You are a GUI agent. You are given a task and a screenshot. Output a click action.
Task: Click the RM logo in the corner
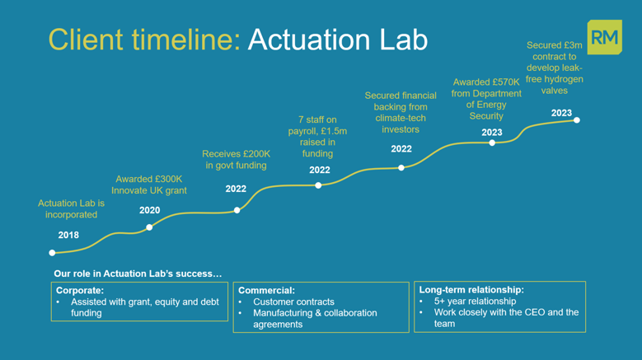point(605,39)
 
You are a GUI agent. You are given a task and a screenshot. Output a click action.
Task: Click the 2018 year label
point(68,236)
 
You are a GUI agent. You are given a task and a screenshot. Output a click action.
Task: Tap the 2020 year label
point(149,211)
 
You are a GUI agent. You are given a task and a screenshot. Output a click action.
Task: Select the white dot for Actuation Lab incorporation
point(53,253)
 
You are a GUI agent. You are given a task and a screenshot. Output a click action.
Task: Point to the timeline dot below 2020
point(149,227)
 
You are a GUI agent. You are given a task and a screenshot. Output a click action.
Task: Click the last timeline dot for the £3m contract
point(577,120)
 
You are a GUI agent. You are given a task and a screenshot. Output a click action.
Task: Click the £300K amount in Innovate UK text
point(168,179)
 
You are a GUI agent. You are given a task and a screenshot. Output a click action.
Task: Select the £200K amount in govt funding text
point(255,153)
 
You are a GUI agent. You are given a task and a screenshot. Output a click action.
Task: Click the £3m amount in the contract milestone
point(570,45)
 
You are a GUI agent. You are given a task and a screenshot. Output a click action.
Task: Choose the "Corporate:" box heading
point(80,290)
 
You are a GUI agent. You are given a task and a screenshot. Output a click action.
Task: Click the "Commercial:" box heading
point(266,291)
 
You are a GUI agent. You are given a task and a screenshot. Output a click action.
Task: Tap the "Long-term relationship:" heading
point(471,290)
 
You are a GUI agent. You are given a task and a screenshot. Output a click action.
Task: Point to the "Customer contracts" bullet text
point(293,302)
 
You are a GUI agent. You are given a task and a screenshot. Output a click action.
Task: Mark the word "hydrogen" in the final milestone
point(565,79)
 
